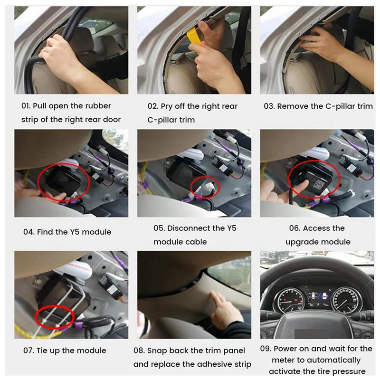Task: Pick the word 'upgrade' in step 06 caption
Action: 302,242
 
